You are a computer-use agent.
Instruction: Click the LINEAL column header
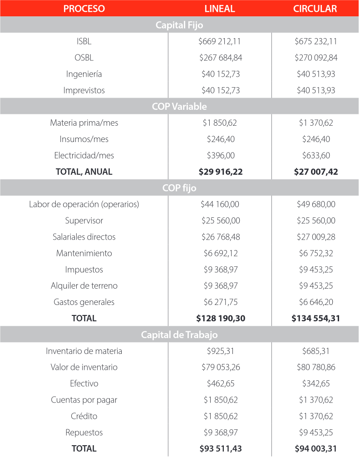(x=220, y=9)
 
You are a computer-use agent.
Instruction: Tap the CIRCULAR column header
(x=315, y=9)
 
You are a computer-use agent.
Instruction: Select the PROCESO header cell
(x=84, y=9)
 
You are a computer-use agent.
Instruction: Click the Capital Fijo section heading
(x=179, y=25)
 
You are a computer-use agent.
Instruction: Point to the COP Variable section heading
(x=179, y=107)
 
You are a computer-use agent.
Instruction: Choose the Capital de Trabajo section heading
(x=179, y=335)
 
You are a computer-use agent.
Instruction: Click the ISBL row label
(x=84, y=41)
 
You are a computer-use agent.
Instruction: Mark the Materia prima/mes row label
(x=84, y=123)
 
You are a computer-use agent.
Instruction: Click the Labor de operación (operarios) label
(x=84, y=204)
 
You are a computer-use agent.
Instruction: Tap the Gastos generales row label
(x=84, y=302)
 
